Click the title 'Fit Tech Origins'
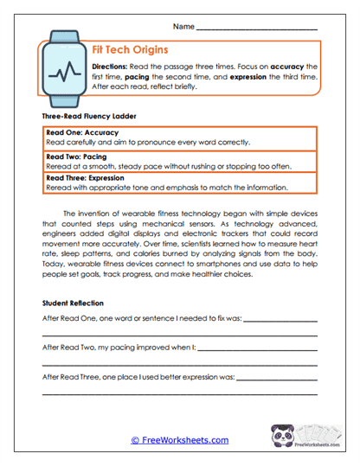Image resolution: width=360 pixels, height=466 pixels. pyautogui.click(x=135, y=50)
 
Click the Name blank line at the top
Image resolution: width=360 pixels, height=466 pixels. pyautogui.click(x=257, y=28)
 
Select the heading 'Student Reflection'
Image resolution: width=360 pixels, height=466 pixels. pyautogui.click(x=73, y=303)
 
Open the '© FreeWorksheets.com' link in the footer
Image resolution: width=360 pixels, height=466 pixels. pyautogui.click(x=179, y=440)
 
